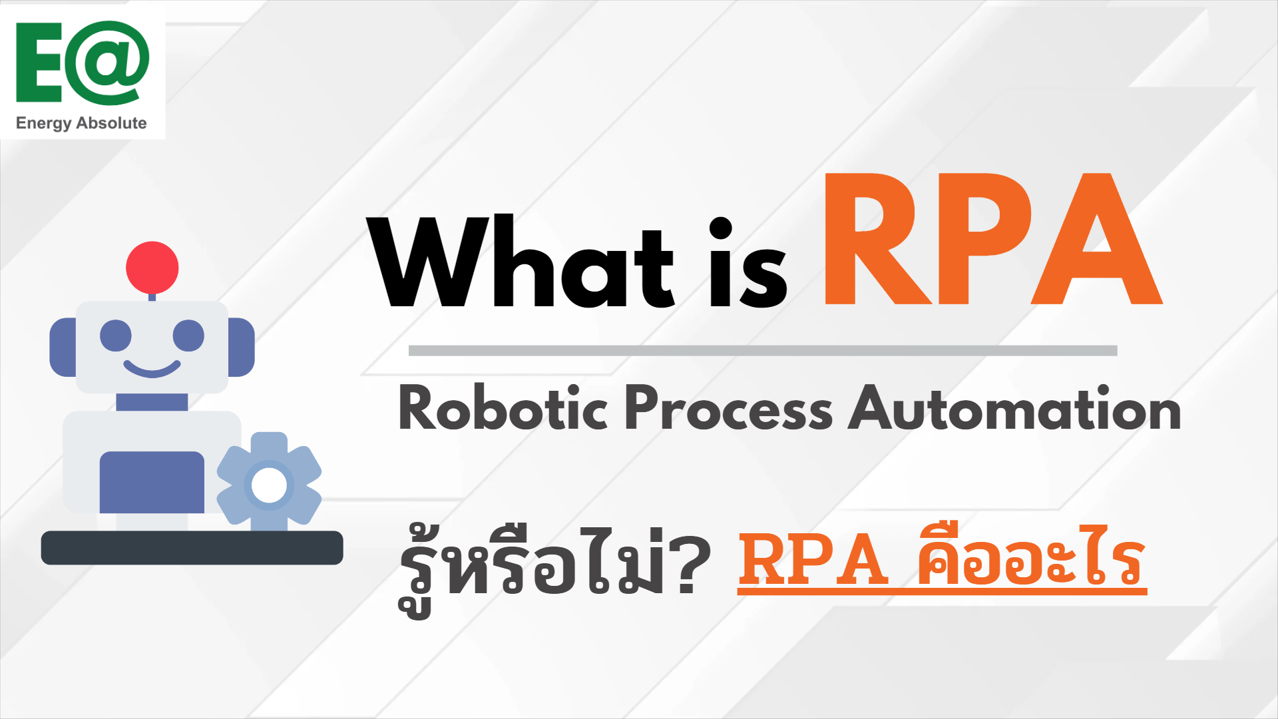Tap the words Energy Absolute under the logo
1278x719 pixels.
(81, 123)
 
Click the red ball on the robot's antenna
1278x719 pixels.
(152, 268)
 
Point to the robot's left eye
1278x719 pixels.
(116, 336)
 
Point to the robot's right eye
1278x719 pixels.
(188, 336)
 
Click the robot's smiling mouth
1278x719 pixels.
(152, 370)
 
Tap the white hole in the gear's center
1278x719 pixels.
(270, 485)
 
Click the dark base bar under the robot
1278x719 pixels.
(192, 547)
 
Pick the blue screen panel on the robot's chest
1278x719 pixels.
(152, 482)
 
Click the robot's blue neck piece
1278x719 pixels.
(152, 402)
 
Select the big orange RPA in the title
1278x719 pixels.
(993, 239)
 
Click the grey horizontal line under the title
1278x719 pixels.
(763, 351)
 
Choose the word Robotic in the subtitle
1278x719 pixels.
(503, 407)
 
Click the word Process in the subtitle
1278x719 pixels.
(728, 407)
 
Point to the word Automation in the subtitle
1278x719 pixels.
(1015, 407)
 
